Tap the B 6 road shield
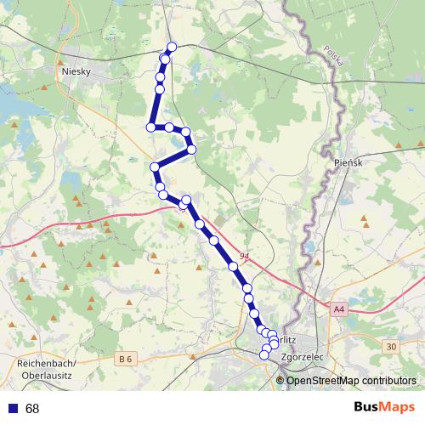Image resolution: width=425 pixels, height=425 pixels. (x=127, y=359)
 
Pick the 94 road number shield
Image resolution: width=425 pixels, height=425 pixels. (x=245, y=256)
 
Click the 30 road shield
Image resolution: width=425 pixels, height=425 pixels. (x=390, y=347)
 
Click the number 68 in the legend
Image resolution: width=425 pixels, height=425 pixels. (x=32, y=409)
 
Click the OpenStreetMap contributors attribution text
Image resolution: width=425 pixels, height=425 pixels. (x=351, y=380)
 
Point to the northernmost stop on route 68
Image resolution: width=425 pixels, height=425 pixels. (x=172, y=47)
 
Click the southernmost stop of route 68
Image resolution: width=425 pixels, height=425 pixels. (x=263, y=355)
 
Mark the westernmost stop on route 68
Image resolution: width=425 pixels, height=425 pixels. (x=151, y=127)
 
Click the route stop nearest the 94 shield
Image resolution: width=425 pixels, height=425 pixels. (x=234, y=267)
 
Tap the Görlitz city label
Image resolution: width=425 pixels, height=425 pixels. (x=285, y=340)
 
